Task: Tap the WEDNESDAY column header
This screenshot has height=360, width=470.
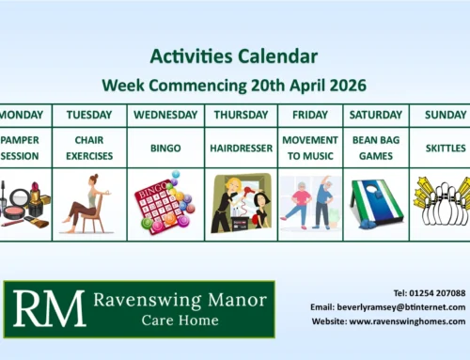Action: pos(165,115)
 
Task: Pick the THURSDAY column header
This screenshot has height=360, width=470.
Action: pos(241,115)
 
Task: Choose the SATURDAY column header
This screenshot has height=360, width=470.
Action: pos(375,115)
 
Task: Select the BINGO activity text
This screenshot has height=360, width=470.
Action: pos(165,148)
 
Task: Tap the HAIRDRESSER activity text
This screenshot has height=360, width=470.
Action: pos(241,148)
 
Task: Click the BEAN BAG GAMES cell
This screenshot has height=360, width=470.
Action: pos(375,148)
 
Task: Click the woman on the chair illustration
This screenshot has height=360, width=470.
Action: pos(86,201)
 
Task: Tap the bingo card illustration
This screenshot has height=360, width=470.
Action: pos(165,202)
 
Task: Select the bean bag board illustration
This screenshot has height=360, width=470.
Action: pos(375,203)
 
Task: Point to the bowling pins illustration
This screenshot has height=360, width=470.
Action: pos(439,203)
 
